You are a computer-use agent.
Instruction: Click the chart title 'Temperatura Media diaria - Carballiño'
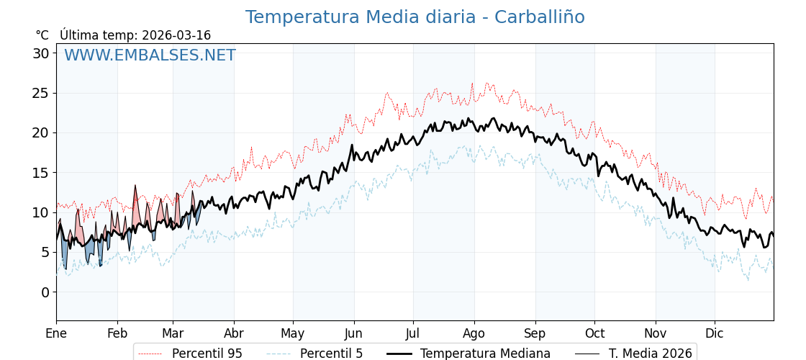(415, 17)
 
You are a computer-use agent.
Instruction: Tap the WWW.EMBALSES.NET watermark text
(150, 55)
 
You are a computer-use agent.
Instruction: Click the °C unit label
(42, 35)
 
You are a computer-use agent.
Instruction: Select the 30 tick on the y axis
(40, 53)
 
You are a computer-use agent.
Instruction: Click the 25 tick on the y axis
(40, 93)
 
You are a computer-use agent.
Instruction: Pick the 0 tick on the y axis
(45, 292)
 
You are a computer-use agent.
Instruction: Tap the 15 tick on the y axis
(40, 173)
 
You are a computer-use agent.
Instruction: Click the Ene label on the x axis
(56, 333)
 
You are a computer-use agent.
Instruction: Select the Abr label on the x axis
(234, 333)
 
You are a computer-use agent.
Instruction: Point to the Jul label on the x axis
(413, 333)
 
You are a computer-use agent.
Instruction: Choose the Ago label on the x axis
(474, 333)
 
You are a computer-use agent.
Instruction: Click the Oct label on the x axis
(594, 333)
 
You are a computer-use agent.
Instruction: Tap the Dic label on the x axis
(715, 333)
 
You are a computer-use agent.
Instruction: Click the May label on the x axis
(293, 333)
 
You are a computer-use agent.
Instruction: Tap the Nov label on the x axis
(656, 333)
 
